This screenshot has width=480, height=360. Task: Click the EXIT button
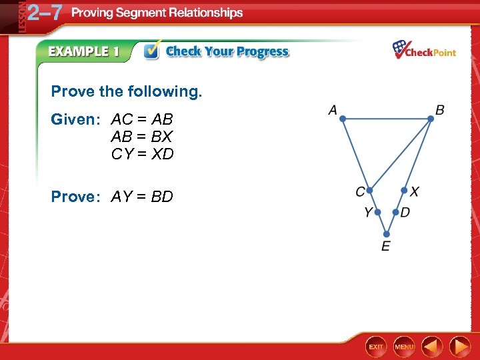[x=377, y=347]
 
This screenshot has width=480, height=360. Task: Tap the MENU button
[x=404, y=347]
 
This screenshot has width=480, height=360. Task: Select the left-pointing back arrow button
[x=433, y=347]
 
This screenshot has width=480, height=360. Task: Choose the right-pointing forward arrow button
[x=460, y=347]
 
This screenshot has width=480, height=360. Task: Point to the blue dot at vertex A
[x=343, y=119]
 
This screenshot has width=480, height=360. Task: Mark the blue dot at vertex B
[x=431, y=119]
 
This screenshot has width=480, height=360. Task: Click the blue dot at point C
[x=369, y=190]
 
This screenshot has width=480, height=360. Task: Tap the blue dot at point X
[x=404, y=190]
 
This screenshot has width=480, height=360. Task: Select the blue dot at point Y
[x=377, y=213]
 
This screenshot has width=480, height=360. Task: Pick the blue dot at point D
[x=395, y=213]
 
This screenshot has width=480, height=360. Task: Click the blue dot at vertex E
[x=387, y=234]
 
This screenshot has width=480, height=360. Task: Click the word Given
[x=73, y=120]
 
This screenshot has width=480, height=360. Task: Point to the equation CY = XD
[x=142, y=155]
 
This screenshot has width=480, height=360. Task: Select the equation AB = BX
[x=142, y=137]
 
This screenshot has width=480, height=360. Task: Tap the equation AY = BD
[x=142, y=197]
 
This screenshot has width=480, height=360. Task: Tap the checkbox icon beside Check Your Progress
[x=152, y=51]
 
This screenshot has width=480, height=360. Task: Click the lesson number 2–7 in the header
[x=45, y=13]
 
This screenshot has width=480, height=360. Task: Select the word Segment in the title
[x=145, y=13]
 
